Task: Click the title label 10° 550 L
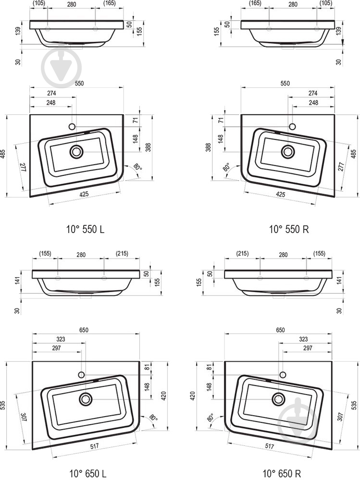pyautogui.click(x=86, y=229)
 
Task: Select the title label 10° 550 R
pyautogui.click(x=289, y=229)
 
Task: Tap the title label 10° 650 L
pyautogui.click(x=88, y=474)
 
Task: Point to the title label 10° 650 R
pyautogui.click(x=282, y=473)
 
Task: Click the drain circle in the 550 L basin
pyautogui.click(x=76, y=151)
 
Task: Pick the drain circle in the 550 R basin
pyautogui.click(x=288, y=151)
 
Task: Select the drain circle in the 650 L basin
pyautogui.click(x=86, y=399)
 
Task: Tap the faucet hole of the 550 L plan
pyautogui.click(x=72, y=126)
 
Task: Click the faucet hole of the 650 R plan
pyautogui.click(x=283, y=374)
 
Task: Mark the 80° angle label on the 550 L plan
pyautogui.click(x=137, y=167)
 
